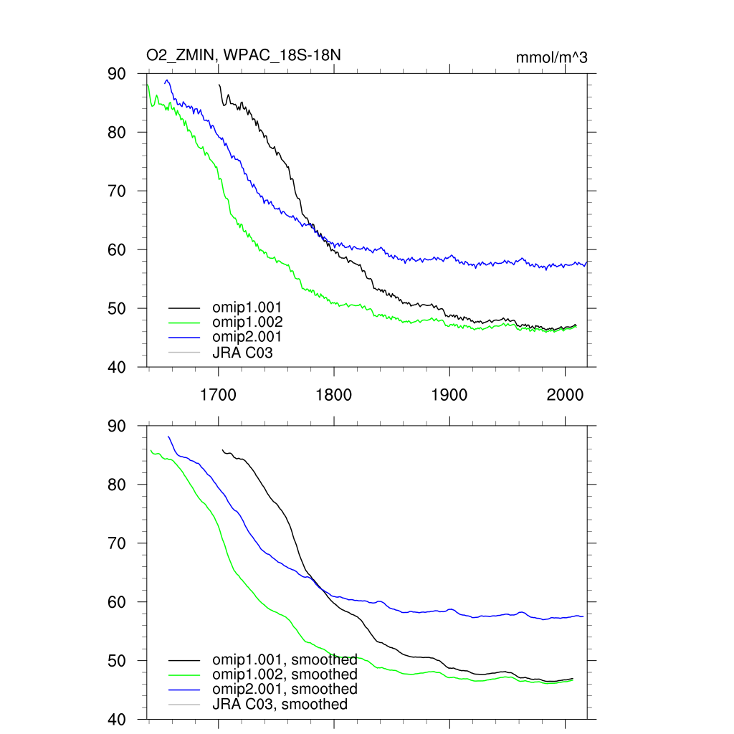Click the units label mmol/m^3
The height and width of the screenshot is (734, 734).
(552, 57)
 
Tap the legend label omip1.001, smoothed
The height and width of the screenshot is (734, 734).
(285, 659)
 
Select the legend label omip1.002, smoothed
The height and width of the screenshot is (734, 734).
(285, 675)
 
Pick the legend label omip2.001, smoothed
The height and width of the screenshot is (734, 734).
(285, 689)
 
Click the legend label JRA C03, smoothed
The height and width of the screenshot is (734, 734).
(280, 704)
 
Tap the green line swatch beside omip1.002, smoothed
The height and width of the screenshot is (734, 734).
(183, 675)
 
